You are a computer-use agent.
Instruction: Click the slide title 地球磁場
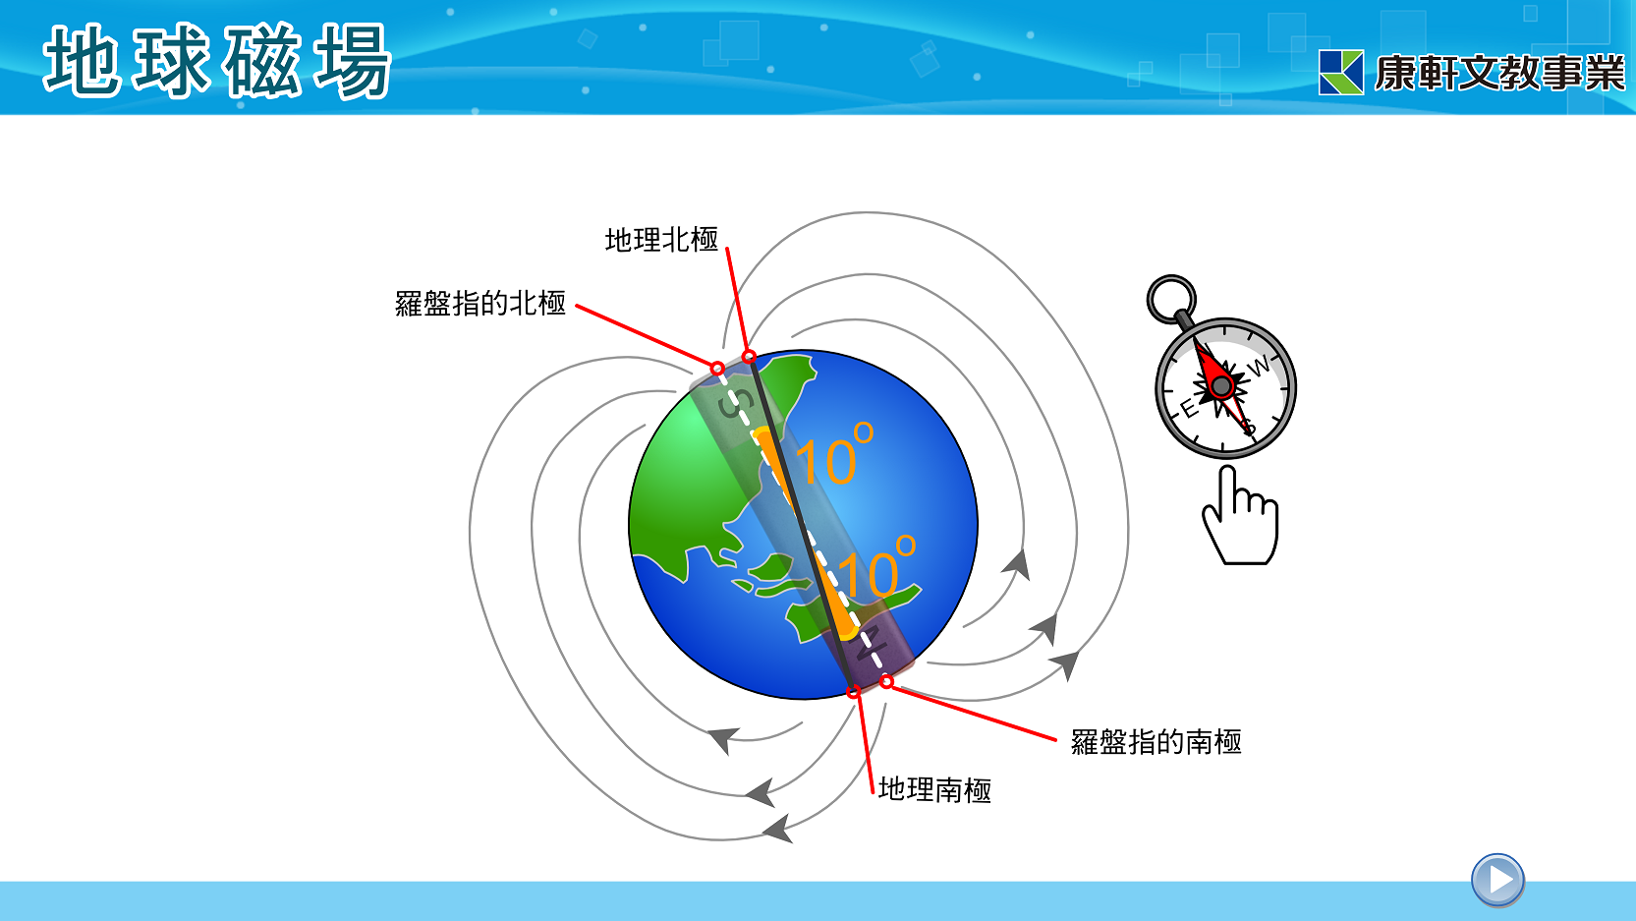(x=217, y=61)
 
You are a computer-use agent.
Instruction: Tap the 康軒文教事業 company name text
(x=1500, y=73)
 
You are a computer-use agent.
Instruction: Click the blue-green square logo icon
(x=1341, y=73)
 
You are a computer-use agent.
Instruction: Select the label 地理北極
(x=661, y=240)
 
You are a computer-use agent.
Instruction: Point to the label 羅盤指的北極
(x=480, y=303)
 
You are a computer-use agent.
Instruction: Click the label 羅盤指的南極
(x=1156, y=741)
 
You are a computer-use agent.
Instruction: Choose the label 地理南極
(x=934, y=789)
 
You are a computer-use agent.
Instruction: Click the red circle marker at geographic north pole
(x=749, y=357)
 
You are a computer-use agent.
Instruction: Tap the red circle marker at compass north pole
(x=717, y=369)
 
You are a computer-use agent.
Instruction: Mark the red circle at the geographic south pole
(x=853, y=692)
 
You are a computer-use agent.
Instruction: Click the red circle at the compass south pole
(x=886, y=681)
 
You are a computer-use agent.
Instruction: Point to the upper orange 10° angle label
(x=833, y=454)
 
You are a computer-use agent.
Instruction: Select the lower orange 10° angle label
(x=875, y=567)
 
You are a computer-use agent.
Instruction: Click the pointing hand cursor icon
(x=1241, y=516)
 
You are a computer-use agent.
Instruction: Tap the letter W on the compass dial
(x=1259, y=367)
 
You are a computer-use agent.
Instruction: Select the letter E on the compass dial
(x=1190, y=409)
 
